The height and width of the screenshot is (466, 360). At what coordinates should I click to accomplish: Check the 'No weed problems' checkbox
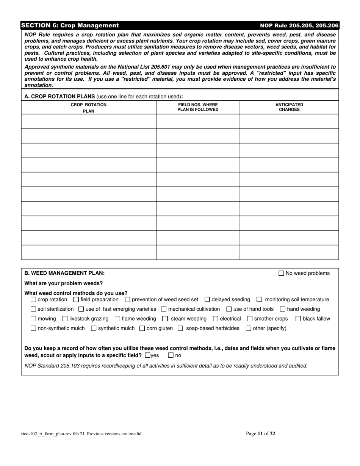pos(281,273)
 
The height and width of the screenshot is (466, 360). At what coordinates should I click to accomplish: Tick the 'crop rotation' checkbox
pos(33,300)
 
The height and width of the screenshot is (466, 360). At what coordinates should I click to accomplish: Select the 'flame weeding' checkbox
pos(117,319)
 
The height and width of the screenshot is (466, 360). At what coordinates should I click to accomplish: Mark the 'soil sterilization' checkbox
pos(33,310)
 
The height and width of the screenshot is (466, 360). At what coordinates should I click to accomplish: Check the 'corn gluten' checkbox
pos(142,328)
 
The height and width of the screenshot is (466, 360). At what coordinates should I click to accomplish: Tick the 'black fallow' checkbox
pos(298,319)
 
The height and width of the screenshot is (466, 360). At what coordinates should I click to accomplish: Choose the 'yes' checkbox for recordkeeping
pos(148,356)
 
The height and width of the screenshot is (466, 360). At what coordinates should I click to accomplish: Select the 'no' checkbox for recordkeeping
pos(171,356)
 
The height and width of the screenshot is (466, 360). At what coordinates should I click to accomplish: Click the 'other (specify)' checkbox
pos(249,328)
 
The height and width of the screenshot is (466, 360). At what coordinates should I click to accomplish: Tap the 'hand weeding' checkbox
pos(283,310)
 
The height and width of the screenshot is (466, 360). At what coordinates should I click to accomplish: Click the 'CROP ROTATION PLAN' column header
pos(89,108)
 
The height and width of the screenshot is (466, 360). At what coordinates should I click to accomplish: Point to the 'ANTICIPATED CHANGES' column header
pos(289,107)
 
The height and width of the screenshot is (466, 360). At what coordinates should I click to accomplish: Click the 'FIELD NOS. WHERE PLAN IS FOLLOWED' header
pos(198,107)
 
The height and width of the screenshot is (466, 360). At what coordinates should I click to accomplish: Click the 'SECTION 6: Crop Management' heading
pos(70,25)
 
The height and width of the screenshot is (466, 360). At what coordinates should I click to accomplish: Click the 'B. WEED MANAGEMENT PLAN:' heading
pos(64,273)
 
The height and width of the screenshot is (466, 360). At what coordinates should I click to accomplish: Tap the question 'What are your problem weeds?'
pos(63,283)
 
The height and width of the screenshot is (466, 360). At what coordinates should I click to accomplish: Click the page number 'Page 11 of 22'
pos(260,434)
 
